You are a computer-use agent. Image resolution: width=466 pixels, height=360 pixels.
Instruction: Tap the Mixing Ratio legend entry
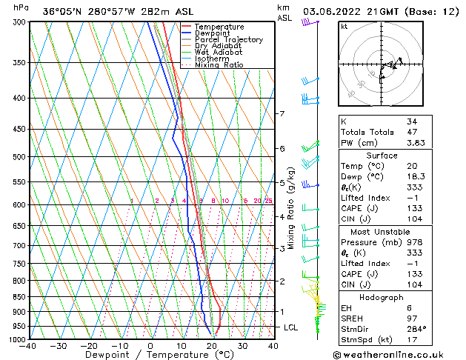pyautogui.click(x=219, y=65)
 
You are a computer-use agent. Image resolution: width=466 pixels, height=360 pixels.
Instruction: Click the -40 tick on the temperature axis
pyautogui.click(x=29, y=346)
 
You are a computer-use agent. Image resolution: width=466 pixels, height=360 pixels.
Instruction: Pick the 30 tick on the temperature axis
pyautogui.click(x=242, y=346)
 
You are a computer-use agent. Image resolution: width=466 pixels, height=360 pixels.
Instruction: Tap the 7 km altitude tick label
pyautogui.click(x=282, y=114)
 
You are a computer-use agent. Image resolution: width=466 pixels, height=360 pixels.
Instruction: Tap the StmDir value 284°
pyautogui.click(x=416, y=328)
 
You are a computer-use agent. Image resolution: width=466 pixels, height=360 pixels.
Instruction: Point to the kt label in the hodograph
pyautogui.click(x=344, y=27)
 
